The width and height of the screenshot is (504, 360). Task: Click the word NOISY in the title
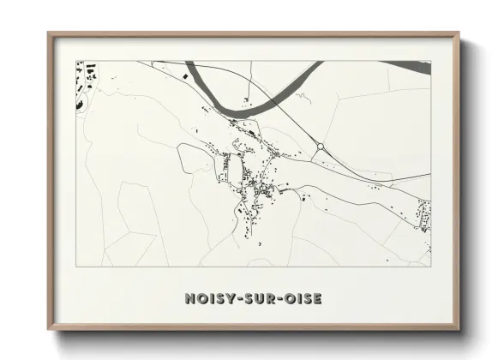[x=207, y=299]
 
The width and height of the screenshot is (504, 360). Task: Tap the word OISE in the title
[x=301, y=299]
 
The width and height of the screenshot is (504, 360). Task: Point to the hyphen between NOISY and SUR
[x=234, y=299]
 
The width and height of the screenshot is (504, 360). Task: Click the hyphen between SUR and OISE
[x=276, y=299]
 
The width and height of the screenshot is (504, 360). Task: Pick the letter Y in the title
[x=226, y=299]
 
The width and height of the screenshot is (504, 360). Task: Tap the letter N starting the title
[x=189, y=299]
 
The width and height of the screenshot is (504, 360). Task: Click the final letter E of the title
[x=317, y=299]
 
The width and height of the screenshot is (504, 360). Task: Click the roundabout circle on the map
[x=320, y=147]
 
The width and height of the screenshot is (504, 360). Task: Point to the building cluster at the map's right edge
[x=423, y=214]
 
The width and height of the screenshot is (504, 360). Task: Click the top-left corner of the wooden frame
[x=49, y=33]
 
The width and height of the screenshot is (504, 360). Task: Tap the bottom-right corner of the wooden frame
[x=459, y=329]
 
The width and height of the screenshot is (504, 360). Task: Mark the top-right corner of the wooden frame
[x=459, y=33]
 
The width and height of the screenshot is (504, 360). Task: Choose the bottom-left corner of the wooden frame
[x=49, y=329]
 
